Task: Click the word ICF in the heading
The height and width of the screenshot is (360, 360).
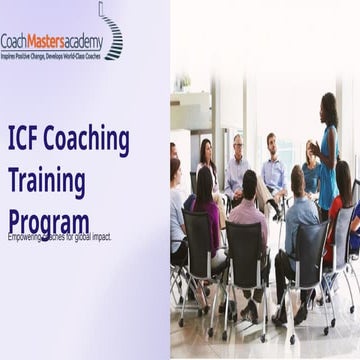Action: tap(25, 141)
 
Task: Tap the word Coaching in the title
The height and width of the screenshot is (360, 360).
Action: tap(89, 142)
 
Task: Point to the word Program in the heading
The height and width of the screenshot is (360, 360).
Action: tap(48, 222)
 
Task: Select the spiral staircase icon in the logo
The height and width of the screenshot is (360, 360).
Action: tap(112, 30)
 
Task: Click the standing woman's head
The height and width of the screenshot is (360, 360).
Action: tap(328, 103)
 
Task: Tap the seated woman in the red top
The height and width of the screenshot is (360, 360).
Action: tap(338, 215)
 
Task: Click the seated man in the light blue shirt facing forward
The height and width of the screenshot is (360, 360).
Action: tap(272, 170)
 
